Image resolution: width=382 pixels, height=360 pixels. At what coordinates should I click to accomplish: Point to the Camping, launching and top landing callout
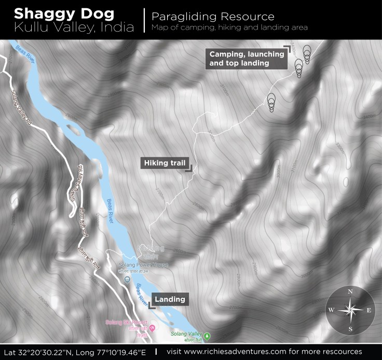tap(247, 59)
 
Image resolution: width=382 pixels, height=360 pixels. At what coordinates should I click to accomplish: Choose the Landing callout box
tap(169, 299)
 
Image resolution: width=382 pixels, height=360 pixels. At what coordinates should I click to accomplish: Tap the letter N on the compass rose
tap(350, 292)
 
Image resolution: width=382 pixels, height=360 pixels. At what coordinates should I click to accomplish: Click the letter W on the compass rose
tap(331, 310)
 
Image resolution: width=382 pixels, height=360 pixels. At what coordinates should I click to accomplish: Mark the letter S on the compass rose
tap(350, 329)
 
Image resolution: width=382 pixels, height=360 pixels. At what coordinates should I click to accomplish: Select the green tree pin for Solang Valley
tap(207, 336)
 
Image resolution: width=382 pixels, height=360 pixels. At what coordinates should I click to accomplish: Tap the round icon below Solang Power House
tap(127, 280)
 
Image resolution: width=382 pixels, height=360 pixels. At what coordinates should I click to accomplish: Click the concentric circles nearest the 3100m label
tap(271, 102)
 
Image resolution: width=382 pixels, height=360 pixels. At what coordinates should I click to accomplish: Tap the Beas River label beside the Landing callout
tap(140, 293)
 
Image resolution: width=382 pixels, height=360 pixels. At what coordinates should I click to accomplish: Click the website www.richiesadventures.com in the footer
tap(246, 352)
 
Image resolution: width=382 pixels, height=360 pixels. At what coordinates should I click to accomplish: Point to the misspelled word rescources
tap(340, 352)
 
